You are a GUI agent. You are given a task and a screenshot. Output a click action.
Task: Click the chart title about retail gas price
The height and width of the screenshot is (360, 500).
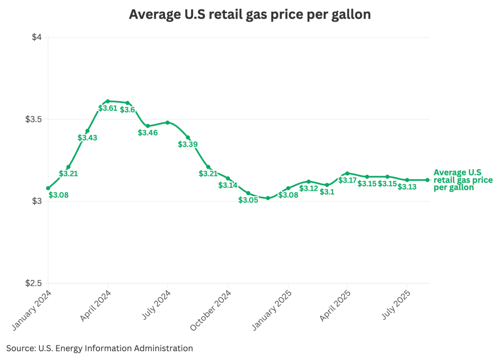pos(250,15)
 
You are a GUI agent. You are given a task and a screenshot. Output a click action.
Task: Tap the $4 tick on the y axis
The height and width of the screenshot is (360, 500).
pos(37,38)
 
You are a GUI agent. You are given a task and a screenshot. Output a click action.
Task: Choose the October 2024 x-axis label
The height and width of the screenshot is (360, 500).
pos(211,310)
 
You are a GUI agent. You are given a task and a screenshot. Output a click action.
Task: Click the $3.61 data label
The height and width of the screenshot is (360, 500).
pos(107,108)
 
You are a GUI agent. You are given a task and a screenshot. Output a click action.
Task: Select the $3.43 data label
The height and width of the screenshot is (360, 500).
pos(87,138)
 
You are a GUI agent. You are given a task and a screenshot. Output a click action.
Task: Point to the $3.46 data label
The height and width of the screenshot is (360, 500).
pos(147,133)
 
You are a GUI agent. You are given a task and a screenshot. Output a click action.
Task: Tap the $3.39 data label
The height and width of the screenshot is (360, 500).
pos(187,144)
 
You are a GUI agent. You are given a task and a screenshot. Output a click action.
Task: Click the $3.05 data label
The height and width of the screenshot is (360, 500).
pos(248,200)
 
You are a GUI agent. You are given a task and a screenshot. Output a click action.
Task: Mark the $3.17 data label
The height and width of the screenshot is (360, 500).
pos(348,180)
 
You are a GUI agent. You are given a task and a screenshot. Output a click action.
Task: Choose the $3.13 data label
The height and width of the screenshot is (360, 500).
pos(407,187)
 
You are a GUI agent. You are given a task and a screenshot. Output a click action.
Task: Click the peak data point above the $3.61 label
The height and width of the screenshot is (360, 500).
pos(107,101)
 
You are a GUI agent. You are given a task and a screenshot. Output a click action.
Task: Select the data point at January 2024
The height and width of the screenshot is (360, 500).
pos(48,188)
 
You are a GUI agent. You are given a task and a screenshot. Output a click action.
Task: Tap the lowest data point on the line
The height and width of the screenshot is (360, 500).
pos(268,198)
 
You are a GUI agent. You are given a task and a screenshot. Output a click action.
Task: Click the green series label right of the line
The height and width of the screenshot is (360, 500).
pos(462,180)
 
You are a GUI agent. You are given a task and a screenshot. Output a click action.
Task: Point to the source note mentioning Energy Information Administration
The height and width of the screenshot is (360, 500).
pos(100,348)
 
